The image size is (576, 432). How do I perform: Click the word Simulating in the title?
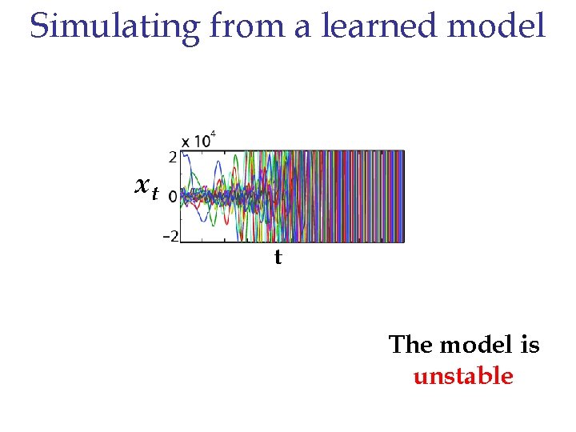pos(114,26)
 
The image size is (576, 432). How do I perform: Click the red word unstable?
pos(463,376)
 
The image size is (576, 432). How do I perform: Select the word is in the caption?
pos(529,345)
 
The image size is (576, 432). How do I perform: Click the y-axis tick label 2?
pos(172,156)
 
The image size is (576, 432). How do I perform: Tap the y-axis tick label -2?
pos(170,236)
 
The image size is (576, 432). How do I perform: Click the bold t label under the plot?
pos(278,258)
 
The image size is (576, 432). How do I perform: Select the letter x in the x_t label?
pos(142,186)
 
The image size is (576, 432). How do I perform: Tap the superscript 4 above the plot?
pos(213,134)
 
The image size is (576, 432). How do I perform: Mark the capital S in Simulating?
pos(39,26)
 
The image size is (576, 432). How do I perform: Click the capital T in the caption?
pos(398,345)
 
